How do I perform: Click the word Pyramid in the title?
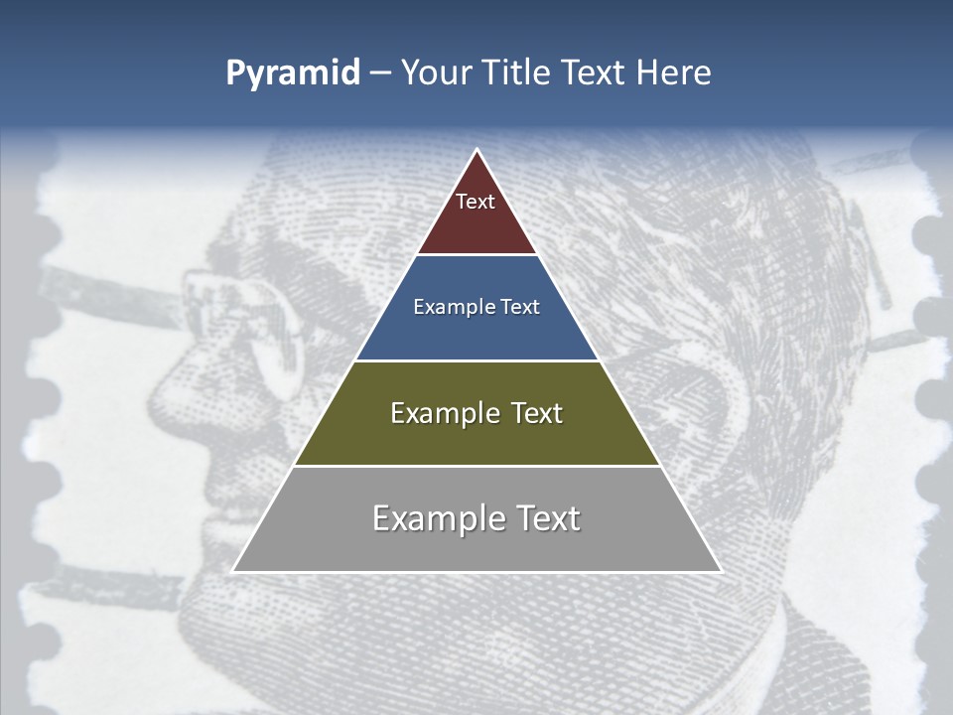click(293, 73)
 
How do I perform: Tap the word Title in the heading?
click(517, 73)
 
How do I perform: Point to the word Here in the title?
click(674, 73)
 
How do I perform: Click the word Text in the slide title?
click(594, 73)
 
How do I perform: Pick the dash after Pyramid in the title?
click(380, 73)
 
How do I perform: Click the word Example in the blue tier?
click(452, 308)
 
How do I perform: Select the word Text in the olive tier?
click(537, 413)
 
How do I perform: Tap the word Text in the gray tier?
click(548, 518)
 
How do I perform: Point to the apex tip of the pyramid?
click(476, 150)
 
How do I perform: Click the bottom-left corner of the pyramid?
click(233, 571)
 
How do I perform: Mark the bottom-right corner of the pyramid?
click(721, 571)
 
